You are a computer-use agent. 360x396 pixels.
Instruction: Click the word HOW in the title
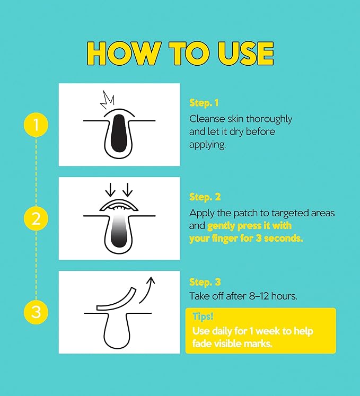pos(124,54)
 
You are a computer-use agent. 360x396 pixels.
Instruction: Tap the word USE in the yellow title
pos(245,54)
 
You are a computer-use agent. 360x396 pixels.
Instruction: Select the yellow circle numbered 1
pos(36,125)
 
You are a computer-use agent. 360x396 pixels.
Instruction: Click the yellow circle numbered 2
pos(36,218)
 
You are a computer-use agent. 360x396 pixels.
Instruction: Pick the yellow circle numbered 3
pos(36,312)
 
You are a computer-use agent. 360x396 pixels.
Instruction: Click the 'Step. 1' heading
pos(204,103)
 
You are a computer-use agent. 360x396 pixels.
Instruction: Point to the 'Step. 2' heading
pos(205,197)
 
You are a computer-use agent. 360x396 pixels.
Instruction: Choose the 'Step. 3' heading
pos(205,283)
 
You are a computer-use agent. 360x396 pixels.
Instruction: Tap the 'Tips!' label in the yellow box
pos(203,316)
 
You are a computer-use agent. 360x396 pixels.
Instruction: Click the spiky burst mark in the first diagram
pos(108,100)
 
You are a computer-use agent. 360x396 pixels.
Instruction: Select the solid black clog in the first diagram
pos(119,134)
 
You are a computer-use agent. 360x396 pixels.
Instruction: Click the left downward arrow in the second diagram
pos(110,190)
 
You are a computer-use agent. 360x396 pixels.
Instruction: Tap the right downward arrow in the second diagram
pos(128,190)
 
